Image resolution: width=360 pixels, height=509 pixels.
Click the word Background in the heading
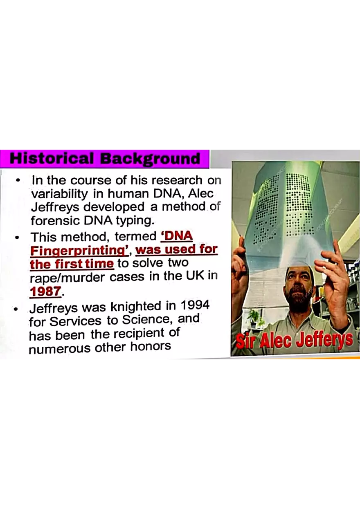[150, 159]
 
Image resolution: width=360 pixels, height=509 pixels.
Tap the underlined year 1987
[45, 291]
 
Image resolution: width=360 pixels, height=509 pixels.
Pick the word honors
[150, 347]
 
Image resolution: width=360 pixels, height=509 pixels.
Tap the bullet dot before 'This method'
[17, 237]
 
